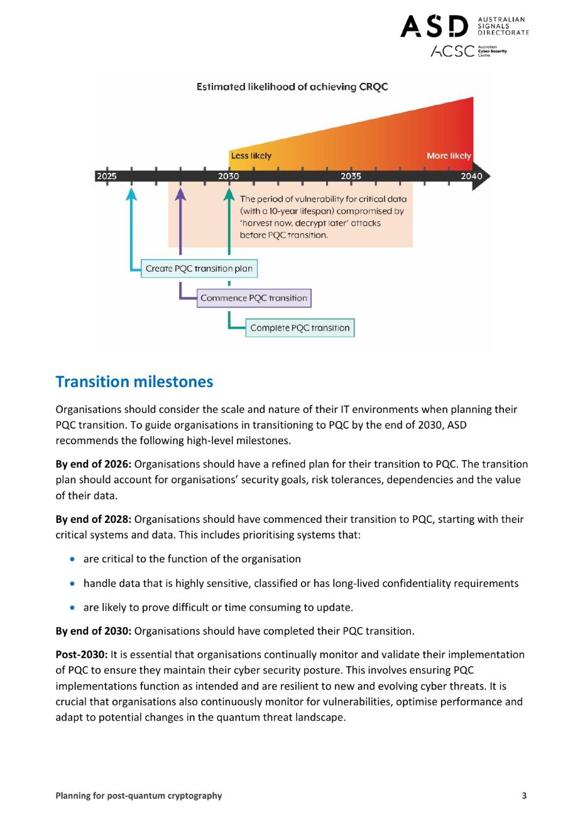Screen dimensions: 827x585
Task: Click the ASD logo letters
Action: pyautogui.click(x=434, y=26)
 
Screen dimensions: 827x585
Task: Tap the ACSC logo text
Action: pyautogui.click(x=452, y=52)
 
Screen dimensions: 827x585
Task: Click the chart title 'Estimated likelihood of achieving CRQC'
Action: pyautogui.click(x=292, y=87)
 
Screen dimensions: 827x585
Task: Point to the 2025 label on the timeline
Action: pyautogui.click(x=106, y=176)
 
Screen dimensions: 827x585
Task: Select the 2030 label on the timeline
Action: pyautogui.click(x=228, y=176)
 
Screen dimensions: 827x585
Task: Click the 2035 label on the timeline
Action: pyautogui.click(x=351, y=176)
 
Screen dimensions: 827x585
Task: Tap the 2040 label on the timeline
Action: pyautogui.click(x=471, y=176)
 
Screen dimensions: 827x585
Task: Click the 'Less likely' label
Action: pyautogui.click(x=251, y=156)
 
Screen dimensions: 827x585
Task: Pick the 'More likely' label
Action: pyautogui.click(x=449, y=156)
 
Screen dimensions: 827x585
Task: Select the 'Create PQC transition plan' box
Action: pyautogui.click(x=199, y=268)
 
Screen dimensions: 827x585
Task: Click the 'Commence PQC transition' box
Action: pyautogui.click(x=254, y=298)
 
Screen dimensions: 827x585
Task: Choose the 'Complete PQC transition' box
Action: pyautogui.click(x=300, y=327)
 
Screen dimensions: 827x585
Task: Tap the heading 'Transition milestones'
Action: pyautogui.click(x=134, y=381)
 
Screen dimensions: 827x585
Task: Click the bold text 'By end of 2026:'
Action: pyautogui.click(x=94, y=464)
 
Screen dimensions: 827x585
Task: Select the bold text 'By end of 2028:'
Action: pyautogui.click(x=94, y=519)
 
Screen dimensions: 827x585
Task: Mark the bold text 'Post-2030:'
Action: pyautogui.click(x=82, y=654)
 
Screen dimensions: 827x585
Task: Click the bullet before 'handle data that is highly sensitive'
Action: pyautogui.click(x=74, y=583)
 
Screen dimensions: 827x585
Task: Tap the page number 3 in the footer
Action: pyautogui.click(x=524, y=796)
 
